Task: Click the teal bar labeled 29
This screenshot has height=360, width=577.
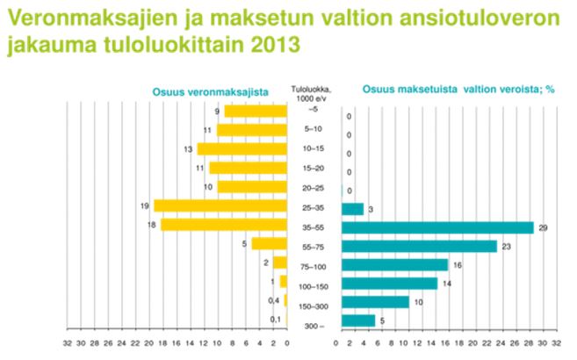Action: [437, 227]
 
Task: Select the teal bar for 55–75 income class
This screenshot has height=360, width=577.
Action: [419, 246]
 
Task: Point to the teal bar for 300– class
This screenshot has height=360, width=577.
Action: [357, 321]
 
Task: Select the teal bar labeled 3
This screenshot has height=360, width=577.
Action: [352, 209]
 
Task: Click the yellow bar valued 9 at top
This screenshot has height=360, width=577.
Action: [256, 111]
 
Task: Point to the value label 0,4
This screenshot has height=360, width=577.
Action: [275, 301]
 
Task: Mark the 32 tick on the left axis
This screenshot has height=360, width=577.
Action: [67, 344]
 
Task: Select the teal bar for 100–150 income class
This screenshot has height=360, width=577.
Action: [389, 284]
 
